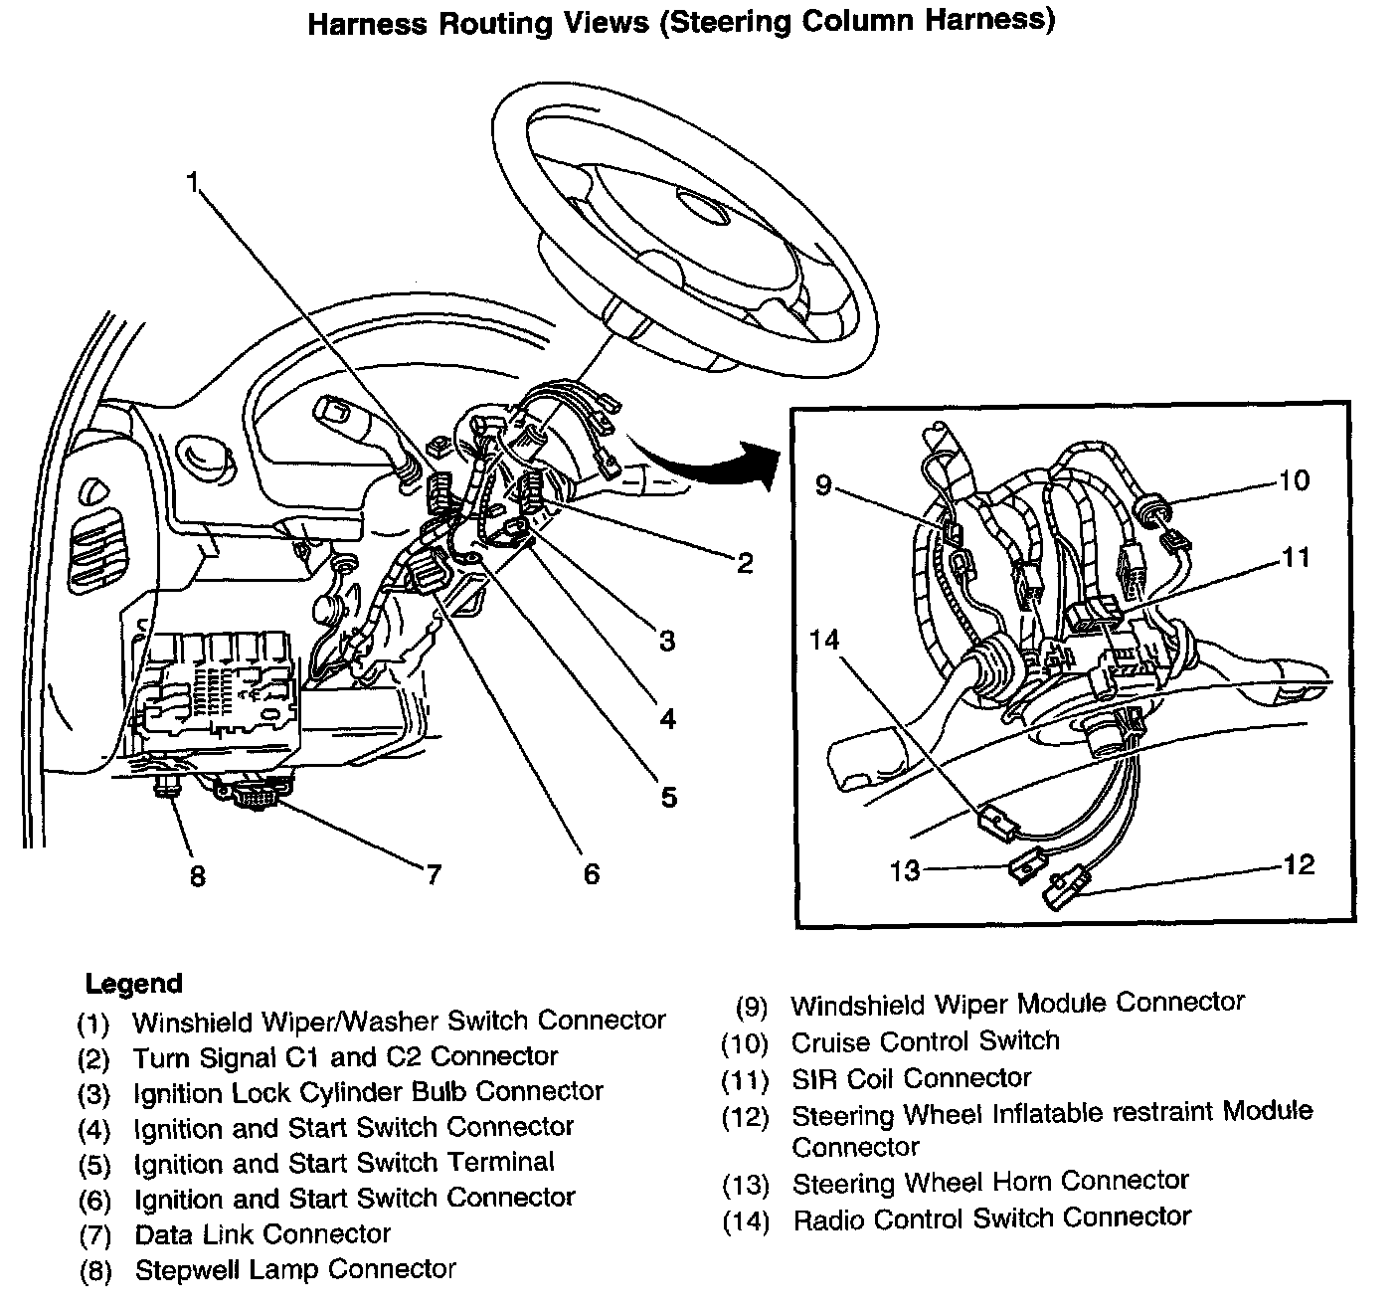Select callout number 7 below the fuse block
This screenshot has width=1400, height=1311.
[x=433, y=874]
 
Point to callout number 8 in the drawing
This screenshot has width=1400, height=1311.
[x=197, y=876]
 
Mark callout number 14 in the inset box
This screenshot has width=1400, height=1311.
[x=824, y=640]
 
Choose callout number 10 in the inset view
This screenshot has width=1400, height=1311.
[x=1294, y=481]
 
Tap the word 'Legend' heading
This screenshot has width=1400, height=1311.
[x=133, y=984]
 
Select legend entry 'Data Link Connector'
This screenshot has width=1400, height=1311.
[x=262, y=1234]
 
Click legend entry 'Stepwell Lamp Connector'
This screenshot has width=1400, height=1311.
[x=295, y=1270]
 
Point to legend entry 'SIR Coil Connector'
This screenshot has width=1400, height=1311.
[x=911, y=1078]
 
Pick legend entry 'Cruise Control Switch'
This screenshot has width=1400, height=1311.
[x=925, y=1041]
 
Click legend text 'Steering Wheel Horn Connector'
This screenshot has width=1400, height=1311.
[x=990, y=1182]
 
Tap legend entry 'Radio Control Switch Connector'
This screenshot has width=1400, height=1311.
[x=991, y=1217]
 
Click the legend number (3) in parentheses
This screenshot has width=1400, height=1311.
[x=93, y=1095]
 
